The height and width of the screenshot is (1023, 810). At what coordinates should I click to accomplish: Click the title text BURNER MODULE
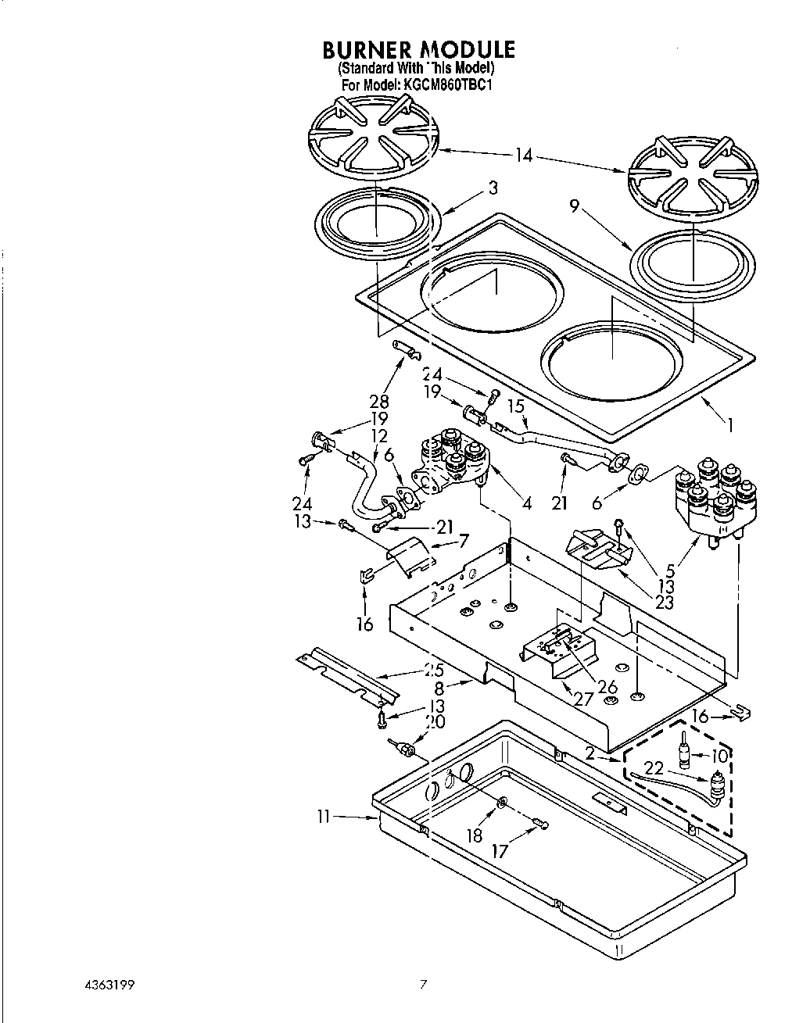click(419, 50)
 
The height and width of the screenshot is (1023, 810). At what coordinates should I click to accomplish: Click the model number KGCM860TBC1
click(448, 84)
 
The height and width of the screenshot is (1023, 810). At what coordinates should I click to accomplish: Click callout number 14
click(523, 156)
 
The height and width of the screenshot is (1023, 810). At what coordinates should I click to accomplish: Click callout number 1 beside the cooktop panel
click(730, 426)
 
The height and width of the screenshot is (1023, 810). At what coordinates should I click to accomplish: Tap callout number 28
click(379, 401)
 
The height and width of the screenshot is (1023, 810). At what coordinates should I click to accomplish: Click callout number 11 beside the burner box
click(324, 817)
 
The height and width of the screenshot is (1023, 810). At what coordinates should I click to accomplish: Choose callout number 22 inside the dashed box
click(654, 768)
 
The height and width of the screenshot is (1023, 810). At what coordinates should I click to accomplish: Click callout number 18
click(475, 835)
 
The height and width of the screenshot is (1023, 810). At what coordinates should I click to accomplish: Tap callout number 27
click(583, 699)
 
